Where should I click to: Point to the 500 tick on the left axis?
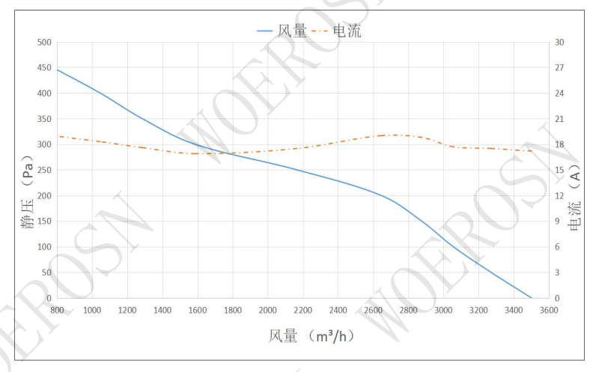coord(44,43)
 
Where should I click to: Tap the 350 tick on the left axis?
coord(44,120)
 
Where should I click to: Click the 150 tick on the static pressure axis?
coord(44,222)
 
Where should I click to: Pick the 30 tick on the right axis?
coord(559,43)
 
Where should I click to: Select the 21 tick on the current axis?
coord(559,120)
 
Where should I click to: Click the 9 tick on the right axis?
coord(557,222)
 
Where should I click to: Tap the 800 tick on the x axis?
coord(57,310)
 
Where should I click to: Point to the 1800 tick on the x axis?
coord(232,310)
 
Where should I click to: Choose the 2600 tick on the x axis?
coord(373,310)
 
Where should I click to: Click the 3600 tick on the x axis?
coord(549,310)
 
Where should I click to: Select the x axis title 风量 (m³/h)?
coord(311,335)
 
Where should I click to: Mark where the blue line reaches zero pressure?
coord(531,298)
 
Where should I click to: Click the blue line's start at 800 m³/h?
coord(57,70)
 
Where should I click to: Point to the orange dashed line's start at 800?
coord(57,136)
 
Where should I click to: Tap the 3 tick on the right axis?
coord(557,272)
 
